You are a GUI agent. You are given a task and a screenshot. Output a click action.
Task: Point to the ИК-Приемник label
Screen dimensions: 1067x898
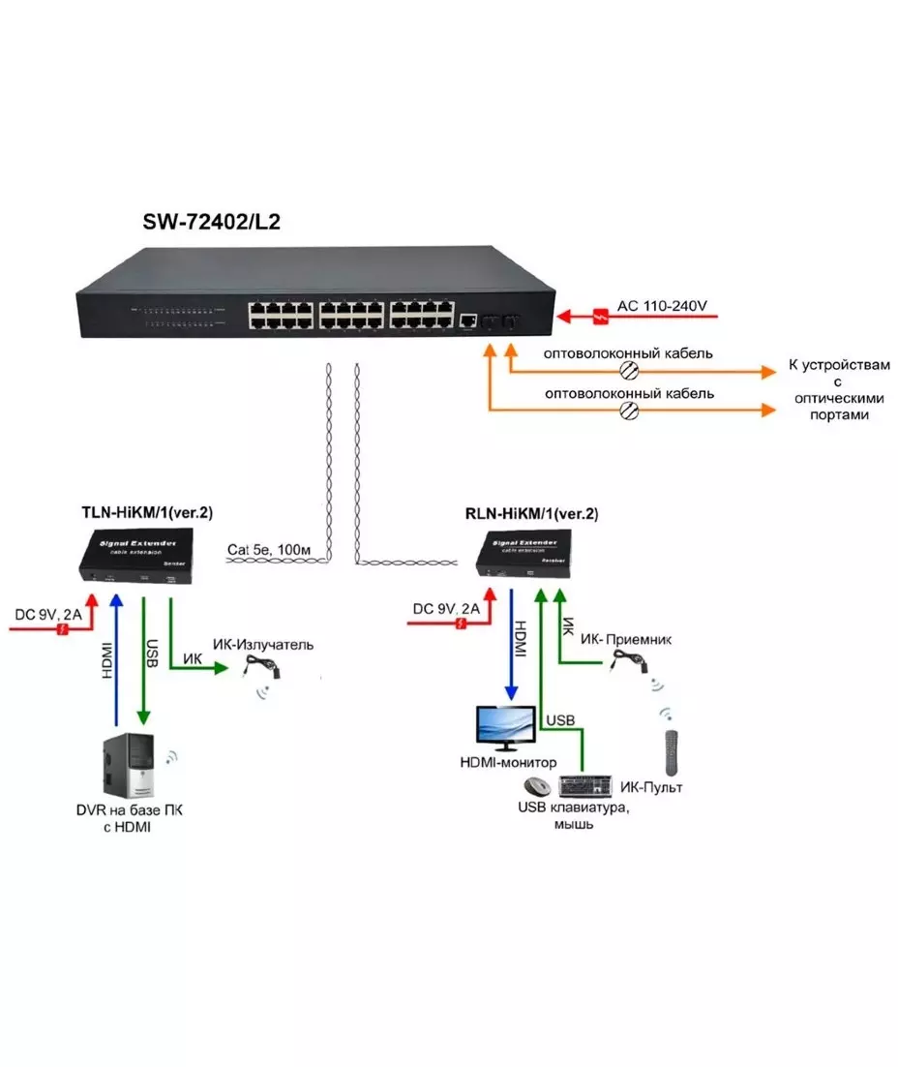[627, 640]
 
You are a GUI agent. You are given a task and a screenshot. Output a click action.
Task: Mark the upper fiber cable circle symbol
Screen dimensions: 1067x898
[628, 370]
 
